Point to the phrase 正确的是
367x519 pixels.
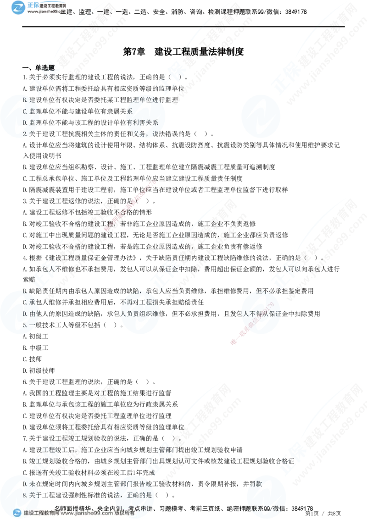point(140,495)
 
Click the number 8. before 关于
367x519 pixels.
point(25,495)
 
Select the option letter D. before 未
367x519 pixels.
point(25,484)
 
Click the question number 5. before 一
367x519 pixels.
point(25,326)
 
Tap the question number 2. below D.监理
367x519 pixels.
point(25,134)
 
